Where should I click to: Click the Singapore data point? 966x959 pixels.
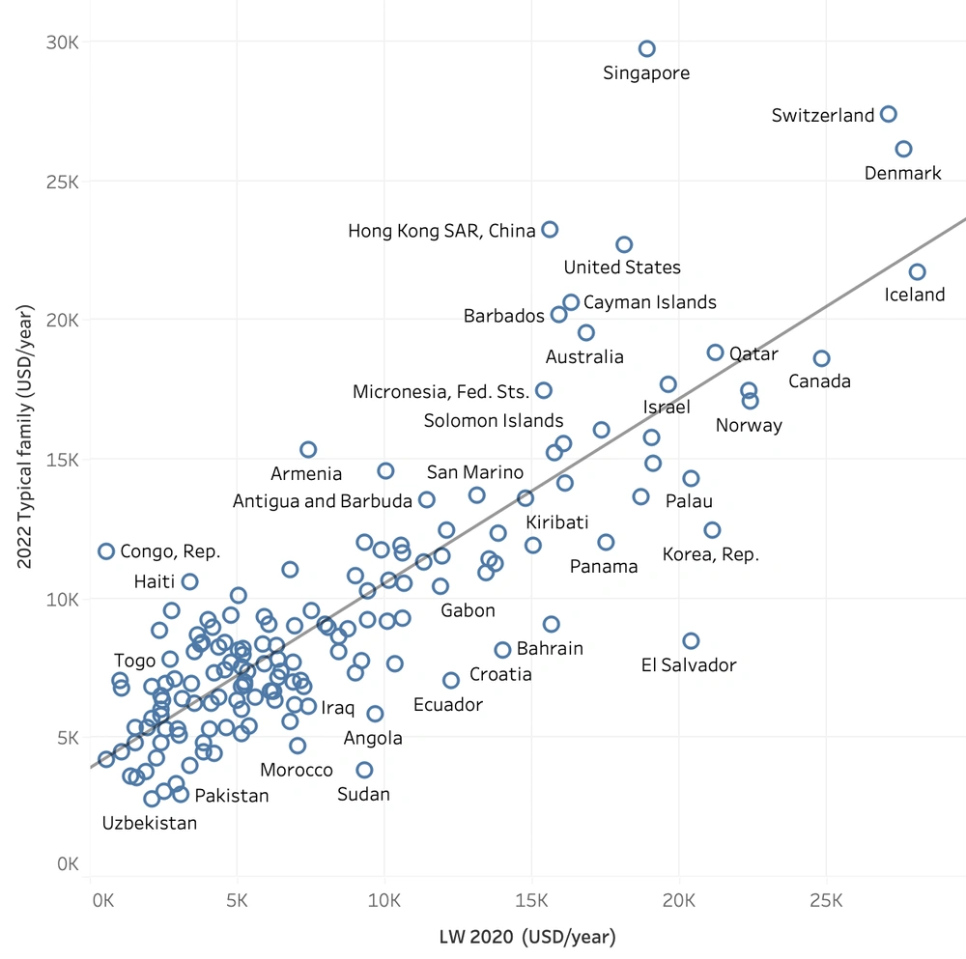[647, 49]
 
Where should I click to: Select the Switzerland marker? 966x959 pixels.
[889, 114]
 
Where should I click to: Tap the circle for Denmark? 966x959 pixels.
[903, 149]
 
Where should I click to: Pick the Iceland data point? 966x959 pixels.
[917, 272]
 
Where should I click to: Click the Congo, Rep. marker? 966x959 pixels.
[106, 551]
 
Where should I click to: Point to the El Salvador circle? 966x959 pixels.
[691, 641]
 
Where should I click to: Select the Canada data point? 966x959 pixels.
[821, 358]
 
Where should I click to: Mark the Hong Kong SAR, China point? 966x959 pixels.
[550, 230]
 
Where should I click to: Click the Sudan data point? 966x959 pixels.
[364, 770]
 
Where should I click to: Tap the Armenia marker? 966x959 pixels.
[308, 450]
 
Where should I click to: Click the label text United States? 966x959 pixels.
[622, 268]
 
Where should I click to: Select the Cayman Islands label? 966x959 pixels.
[650, 302]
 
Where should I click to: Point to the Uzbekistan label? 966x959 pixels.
[150, 823]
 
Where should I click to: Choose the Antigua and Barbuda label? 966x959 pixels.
[323, 501]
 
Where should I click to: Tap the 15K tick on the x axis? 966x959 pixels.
[531, 901]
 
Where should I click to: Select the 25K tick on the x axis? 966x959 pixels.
[825, 901]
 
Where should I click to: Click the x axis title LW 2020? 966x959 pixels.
[527, 937]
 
